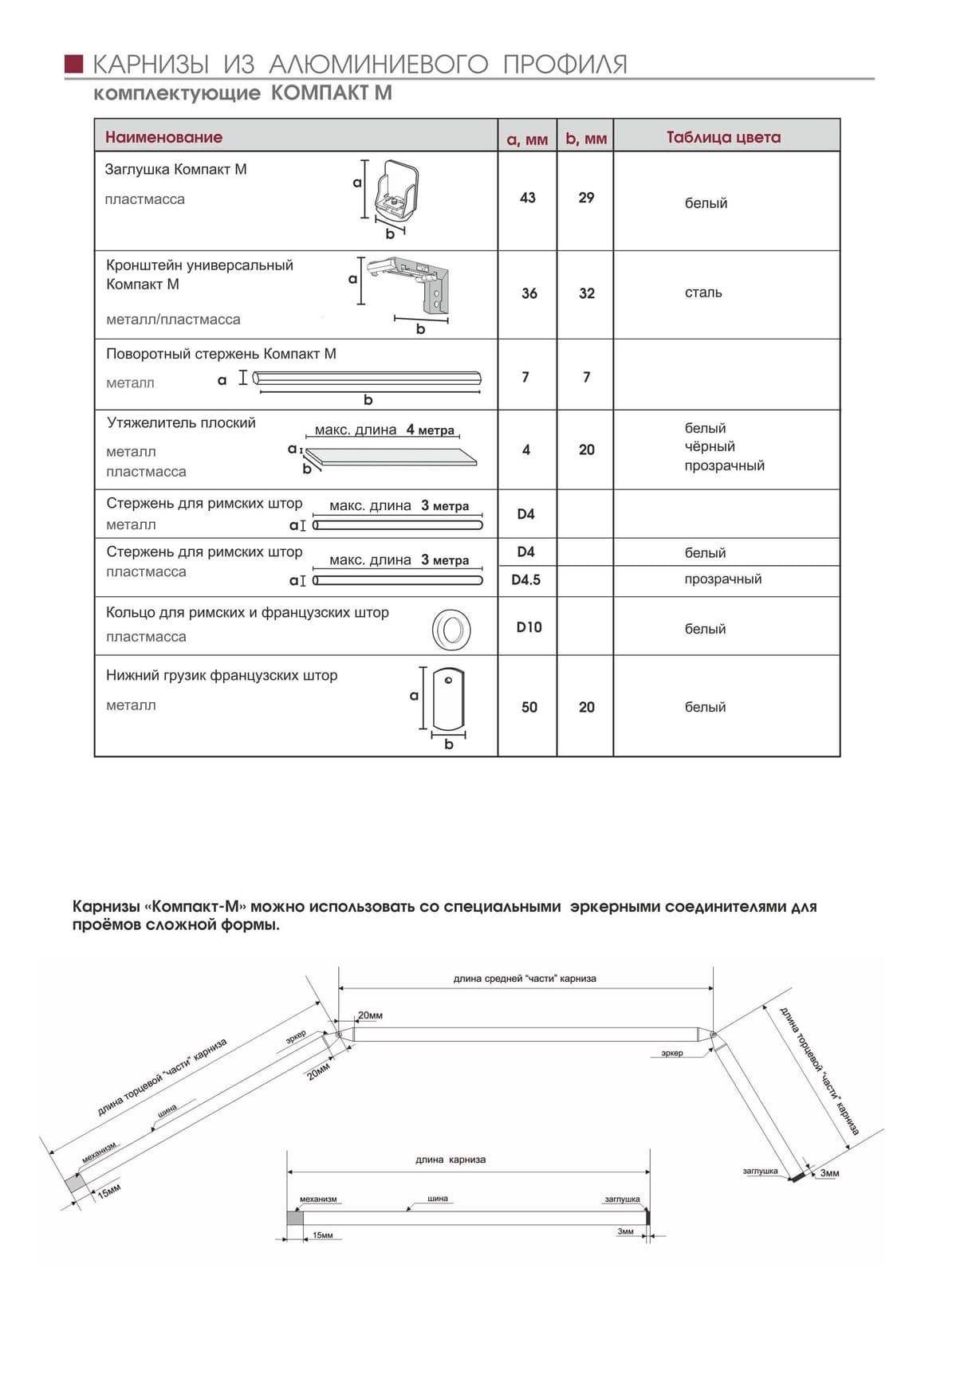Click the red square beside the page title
(74, 64)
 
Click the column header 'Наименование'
(163, 137)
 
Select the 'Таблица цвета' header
(723, 137)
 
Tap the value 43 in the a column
(528, 198)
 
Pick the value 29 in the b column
(586, 198)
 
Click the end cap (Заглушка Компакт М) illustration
(397, 194)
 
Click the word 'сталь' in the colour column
(703, 292)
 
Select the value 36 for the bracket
(529, 293)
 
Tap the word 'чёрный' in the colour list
(710, 446)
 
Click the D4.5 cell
(526, 579)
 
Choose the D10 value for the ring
(529, 627)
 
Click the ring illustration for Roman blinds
(451, 630)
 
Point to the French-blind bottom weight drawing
(448, 699)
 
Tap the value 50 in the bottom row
(529, 707)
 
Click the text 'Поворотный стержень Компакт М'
(221, 354)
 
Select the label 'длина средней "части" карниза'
(525, 979)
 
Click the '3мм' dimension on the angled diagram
(829, 1173)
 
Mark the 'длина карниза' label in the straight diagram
(451, 1160)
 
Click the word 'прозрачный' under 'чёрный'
(724, 465)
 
